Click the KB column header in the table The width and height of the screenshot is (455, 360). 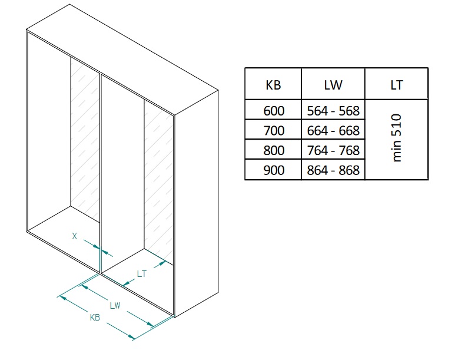click(x=273, y=84)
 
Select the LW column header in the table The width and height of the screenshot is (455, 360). click(x=333, y=84)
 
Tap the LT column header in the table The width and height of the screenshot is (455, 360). click(x=396, y=84)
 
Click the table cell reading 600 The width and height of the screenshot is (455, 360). click(x=273, y=110)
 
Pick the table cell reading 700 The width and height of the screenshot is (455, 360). click(x=273, y=130)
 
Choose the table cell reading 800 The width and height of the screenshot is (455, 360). click(x=273, y=150)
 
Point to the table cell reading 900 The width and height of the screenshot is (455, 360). click(x=273, y=170)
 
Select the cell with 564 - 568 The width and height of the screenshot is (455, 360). click(x=333, y=110)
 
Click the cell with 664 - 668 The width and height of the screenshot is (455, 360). click(x=333, y=130)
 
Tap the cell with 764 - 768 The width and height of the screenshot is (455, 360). click(x=333, y=150)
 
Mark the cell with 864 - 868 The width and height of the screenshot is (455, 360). click(x=333, y=170)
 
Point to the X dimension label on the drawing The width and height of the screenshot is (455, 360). click(x=74, y=236)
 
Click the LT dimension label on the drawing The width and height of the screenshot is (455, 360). click(x=141, y=273)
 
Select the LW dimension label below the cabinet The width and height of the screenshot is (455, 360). click(x=115, y=305)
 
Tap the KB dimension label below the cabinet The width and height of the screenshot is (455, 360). click(x=94, y=317)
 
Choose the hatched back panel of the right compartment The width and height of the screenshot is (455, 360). click(x=158, y=177)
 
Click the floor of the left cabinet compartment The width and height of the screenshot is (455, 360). click(x=65, y=233)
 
